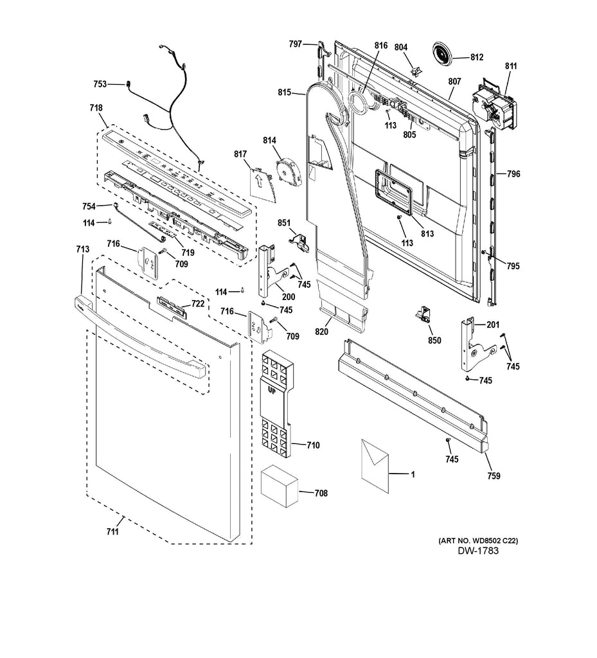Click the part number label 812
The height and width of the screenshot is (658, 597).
(476, 57)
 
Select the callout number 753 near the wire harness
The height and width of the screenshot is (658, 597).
(100, 84)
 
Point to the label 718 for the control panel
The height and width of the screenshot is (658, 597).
(96, 108)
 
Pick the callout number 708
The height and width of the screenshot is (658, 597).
(320, 493)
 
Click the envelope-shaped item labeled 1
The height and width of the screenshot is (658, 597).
(375, 466)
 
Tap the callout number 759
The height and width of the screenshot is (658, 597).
(494, 476)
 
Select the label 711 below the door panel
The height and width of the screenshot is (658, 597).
(112, 531)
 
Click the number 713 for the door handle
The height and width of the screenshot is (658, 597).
(82, 249)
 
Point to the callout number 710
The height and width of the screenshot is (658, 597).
(313, 445)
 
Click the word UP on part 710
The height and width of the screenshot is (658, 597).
(272, 389)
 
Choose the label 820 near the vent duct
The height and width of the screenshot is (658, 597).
(321, 332)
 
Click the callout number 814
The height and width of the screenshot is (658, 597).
(269, 140)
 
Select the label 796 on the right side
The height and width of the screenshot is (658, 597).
(513, 174)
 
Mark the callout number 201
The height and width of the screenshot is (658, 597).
(492, 325)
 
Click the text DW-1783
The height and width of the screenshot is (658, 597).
(478, 552)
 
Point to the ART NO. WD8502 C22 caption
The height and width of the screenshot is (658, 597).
(478, 541)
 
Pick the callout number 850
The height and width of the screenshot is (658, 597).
(434, 340)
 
